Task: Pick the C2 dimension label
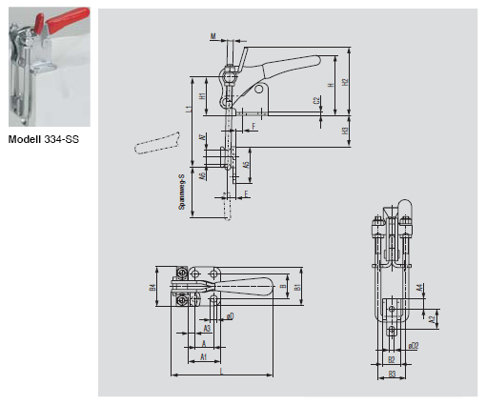coord(316,100)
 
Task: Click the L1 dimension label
coord(189,111)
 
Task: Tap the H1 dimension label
coord(203,96)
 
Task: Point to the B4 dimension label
coord(152,286)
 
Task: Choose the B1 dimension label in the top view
coord(297,286)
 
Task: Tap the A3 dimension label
coord(207,327)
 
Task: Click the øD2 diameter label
coord(413,346)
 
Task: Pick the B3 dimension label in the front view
coord(392,374)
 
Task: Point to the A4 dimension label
coord(420,288)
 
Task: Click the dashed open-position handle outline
coord(157,144)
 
